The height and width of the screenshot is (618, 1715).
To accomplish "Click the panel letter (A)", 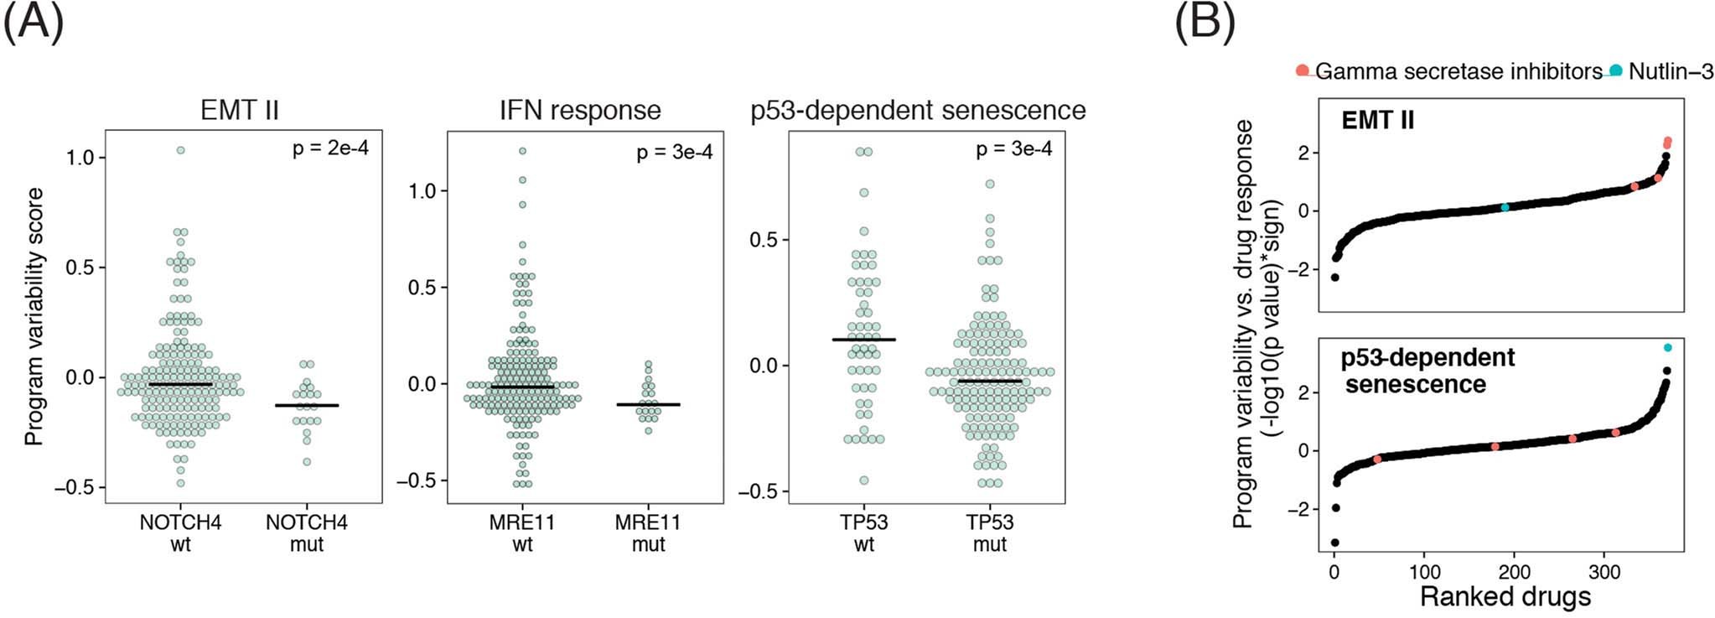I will (x=34, y=23).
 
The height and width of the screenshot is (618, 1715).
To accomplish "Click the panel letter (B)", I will (x=1205, y=23).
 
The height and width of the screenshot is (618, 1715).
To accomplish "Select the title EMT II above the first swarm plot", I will (x=240, y=110).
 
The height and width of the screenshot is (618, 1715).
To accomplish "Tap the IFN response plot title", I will (x=580, y=110).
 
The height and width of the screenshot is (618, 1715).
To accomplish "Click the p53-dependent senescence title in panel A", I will (x=918, y=110).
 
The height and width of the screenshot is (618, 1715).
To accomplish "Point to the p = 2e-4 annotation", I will (x=330, y=148).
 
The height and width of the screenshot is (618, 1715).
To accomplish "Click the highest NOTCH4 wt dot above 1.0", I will (x=180, y=150).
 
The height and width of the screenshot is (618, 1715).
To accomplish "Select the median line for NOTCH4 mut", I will (x=307, y=405).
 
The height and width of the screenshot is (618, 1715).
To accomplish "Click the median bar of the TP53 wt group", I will (x=863, y=340).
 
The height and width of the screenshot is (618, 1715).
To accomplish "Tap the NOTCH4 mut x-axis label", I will (x=307, y=533).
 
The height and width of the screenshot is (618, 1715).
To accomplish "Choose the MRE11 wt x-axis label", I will (x=522, y=533).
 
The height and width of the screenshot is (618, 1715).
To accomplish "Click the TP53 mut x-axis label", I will (x=990, y=533).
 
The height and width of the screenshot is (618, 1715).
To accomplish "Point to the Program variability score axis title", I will (x=34, y=316).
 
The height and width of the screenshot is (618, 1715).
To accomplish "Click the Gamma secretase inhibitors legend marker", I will (x=1302, y=70).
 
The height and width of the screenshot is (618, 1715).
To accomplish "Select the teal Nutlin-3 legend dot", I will (x=1615, y=70).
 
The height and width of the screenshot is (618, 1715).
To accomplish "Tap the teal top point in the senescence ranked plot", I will (x=1667, y=347).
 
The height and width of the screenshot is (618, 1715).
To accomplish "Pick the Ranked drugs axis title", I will (x=1505, y=596).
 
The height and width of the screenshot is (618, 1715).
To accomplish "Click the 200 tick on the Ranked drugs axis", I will (x=1514, y=573).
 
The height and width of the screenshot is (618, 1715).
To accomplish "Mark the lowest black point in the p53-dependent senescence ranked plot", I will (x=1335, y=543).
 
